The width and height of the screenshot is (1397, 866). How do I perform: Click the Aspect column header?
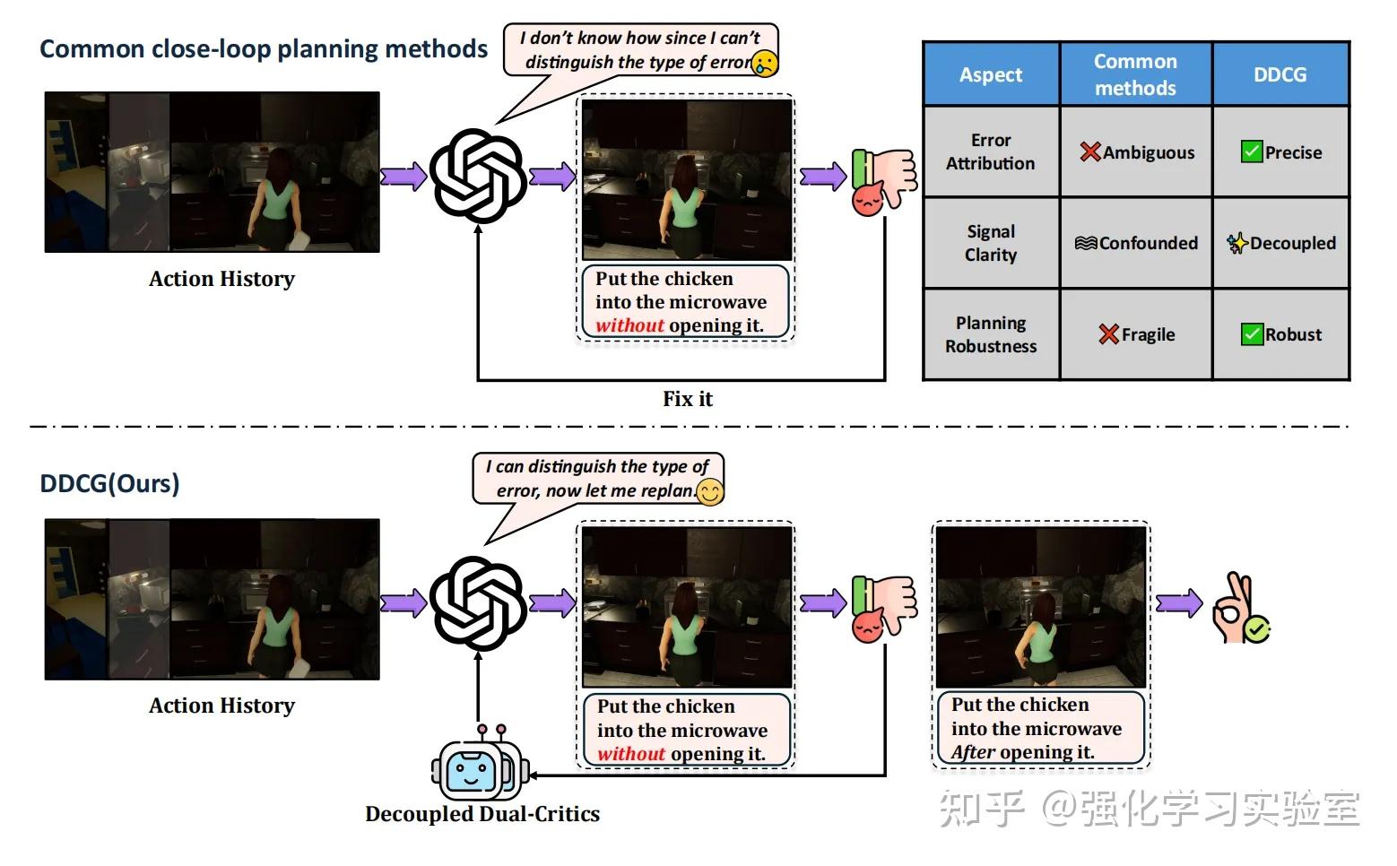991,74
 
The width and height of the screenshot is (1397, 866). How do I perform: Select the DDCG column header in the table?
1280,74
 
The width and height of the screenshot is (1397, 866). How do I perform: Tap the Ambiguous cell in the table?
1136,152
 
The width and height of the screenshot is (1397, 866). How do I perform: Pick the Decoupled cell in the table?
1281,243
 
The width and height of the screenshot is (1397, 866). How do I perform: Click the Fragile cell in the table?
1136,334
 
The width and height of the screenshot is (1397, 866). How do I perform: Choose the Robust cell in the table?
1281,334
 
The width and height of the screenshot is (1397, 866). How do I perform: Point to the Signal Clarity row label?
991,243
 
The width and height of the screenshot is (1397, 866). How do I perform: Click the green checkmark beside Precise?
1251,152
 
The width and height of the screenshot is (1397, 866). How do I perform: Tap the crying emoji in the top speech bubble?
765,64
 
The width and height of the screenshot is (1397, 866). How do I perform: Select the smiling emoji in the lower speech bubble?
710,492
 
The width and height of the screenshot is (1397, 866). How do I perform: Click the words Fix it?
687,399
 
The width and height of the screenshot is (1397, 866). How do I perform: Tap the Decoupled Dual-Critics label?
482,814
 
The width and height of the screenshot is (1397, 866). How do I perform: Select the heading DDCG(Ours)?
109,484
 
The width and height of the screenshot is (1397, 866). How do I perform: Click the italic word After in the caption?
973,752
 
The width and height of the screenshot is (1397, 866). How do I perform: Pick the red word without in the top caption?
629,325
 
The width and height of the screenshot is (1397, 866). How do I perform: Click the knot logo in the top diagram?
478,176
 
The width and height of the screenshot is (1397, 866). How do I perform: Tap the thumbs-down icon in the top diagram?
884,181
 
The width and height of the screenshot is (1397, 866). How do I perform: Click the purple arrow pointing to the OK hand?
1179,603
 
